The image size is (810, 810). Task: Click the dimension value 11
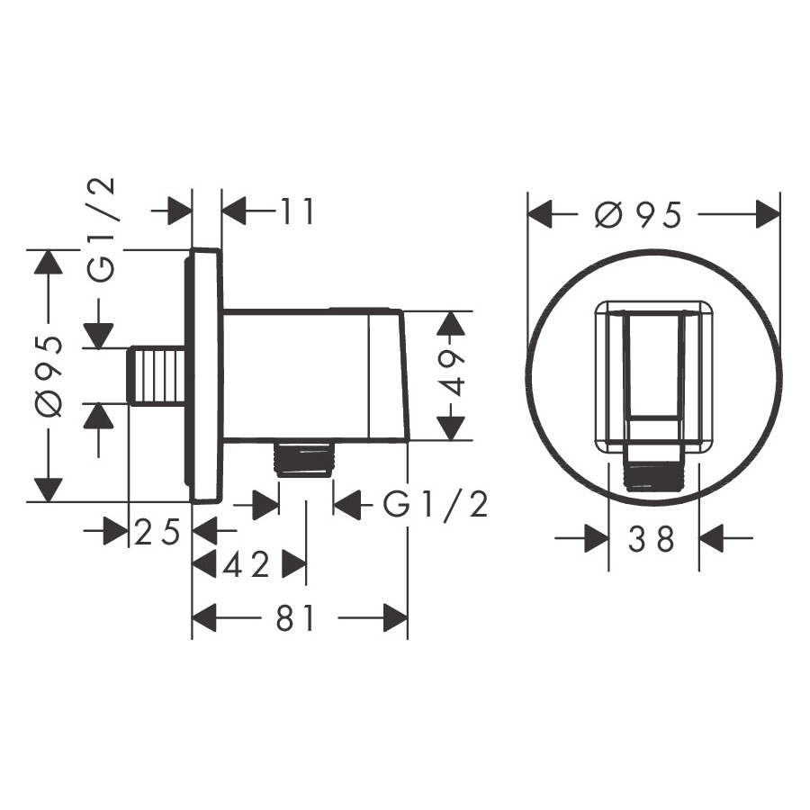pos(297,211)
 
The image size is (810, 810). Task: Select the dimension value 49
pos(447,373)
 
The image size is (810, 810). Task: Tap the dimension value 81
pos(295,617)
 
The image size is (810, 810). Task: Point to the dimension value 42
pos(246,564)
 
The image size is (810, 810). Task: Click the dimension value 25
pos(157,532)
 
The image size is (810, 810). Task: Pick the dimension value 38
pos(651,539)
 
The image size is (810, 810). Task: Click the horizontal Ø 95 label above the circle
pos(638,214)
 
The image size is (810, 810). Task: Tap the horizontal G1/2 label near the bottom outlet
pos(436,504)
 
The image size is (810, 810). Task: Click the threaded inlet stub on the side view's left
pos(157,375)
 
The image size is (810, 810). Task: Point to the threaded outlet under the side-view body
pos(305,456)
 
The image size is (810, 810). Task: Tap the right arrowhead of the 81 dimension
pos(395,617)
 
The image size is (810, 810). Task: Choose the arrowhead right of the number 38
pos(711,539)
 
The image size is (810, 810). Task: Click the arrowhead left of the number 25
pos(116,532)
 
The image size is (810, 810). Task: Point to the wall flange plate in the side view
pos(204,375)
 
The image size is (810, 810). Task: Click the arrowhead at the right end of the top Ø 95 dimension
pos(768,214)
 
